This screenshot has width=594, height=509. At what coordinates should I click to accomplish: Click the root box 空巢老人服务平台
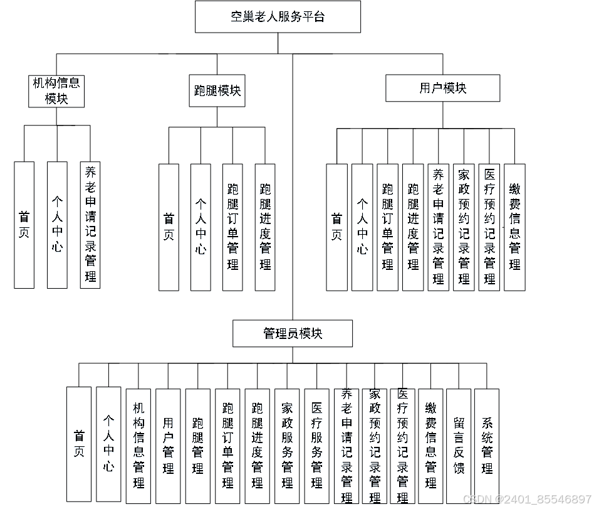pos(278,17)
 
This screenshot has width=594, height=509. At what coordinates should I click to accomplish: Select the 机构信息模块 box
pos(56,90)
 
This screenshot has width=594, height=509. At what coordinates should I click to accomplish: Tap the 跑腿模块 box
pos(217,90)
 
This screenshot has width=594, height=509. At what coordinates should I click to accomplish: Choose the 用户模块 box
pos(442,88)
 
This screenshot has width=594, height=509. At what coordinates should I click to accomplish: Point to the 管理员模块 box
pos(293,333)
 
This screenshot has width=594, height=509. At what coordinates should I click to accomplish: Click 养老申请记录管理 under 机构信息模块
pos(90,225)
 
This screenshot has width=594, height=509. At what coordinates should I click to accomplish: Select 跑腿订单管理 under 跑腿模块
pos(232,227)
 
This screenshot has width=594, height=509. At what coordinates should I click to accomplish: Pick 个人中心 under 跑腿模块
pos(201,227)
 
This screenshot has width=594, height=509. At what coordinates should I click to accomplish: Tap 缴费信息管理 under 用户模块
pos(514,227)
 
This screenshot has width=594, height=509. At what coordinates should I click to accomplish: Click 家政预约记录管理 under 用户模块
pos(464,227)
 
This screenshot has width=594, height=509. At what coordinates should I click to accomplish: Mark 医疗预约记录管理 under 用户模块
pos(489,227)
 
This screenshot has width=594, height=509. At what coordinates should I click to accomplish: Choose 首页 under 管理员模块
pos(79,444)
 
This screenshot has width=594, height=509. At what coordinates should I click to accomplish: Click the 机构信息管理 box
pos(138,446)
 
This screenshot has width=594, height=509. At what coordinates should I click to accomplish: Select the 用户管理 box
pos(168,446)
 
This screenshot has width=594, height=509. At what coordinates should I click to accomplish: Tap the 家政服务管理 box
pos(287,446)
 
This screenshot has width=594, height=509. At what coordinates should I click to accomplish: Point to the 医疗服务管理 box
pos(316,446)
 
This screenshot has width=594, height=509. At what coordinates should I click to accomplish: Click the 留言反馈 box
pos(459,446)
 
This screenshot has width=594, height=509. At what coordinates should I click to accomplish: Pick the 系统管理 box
pos(487,446)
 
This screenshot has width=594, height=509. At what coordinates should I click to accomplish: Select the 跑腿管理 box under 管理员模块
pos(198,446)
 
